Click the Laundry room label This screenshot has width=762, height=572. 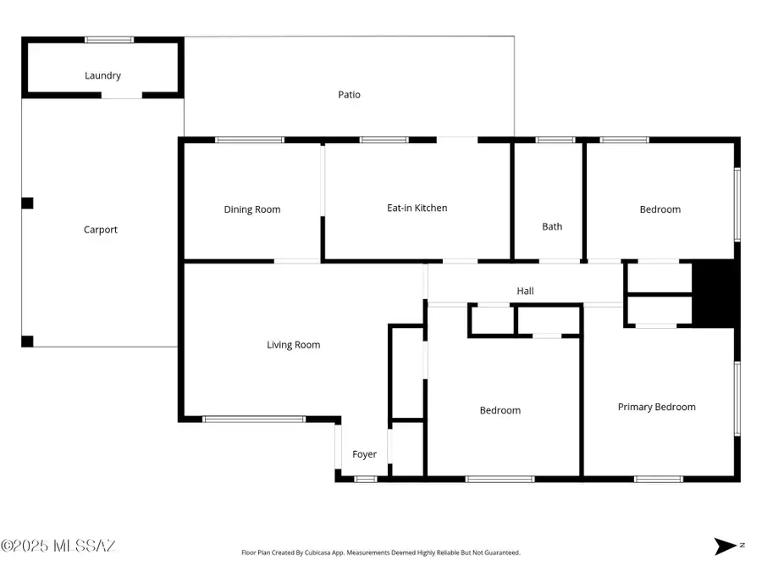[102, 75]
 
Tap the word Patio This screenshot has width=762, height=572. [349, 95]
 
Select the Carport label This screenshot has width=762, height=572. [100, 230]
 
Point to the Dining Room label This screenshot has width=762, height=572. [251, 209]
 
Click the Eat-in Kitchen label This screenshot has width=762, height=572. [417, 208]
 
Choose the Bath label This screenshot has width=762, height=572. [552, 226]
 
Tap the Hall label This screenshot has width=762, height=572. [525, 291]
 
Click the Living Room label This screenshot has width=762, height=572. [293, 345]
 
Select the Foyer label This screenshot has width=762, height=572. [364, 454]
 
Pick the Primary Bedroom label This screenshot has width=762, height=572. [656, 407]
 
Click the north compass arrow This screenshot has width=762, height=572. [725, 547]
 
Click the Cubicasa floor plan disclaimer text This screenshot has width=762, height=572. [380, 553]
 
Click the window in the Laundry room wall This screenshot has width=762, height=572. [109, 39]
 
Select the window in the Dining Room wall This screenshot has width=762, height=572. [249, 140]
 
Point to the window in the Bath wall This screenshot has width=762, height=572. [555, 140]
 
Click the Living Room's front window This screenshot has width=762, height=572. [253, 419]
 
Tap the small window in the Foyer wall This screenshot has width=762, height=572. [365, 480]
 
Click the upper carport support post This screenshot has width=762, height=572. [27, 203]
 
